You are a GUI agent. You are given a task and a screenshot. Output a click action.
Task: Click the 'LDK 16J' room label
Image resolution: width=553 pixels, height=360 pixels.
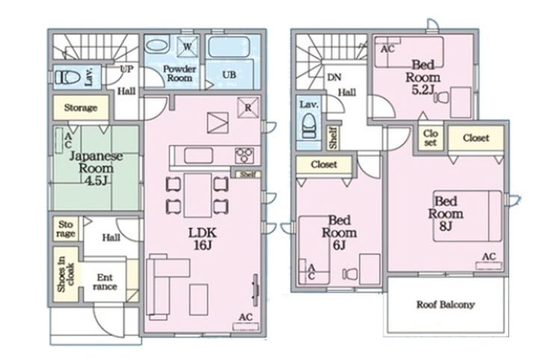[203, 239]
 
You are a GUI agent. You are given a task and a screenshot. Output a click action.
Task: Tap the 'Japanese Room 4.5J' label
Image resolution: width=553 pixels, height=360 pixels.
[96, 168]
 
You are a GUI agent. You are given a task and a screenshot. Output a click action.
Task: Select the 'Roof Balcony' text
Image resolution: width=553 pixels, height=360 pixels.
[445, 305]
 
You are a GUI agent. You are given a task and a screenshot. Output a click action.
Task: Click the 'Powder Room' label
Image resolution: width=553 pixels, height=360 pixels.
[179, 73]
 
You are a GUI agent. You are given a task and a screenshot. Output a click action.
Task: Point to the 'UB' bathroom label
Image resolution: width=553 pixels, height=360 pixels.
[229, 75]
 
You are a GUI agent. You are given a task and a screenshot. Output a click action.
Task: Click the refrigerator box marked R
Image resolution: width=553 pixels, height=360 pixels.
[248, 108]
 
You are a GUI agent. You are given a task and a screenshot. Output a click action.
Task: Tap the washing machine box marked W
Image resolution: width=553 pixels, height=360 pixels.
[188, 46]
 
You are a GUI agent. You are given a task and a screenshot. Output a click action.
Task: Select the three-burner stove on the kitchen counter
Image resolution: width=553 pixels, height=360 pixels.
[244, 155]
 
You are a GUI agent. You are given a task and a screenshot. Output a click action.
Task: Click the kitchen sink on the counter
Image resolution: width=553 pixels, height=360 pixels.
[199, 155]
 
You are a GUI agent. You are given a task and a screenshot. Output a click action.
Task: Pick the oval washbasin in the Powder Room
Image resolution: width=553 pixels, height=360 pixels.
[157, 46]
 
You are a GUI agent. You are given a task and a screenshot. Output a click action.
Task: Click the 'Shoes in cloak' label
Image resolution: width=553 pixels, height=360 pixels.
[66, 274]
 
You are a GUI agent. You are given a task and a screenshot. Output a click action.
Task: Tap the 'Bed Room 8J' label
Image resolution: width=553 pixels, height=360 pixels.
[446, 214]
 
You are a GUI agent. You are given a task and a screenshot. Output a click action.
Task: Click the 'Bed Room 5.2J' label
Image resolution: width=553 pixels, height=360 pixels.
[423, 77]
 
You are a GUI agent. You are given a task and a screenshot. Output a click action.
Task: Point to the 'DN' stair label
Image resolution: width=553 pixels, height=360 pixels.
[334, 77]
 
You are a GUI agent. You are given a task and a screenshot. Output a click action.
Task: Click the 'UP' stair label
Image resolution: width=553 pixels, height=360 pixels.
[126, 69]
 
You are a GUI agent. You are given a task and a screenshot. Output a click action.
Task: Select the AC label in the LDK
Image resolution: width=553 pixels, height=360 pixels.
[245, 317]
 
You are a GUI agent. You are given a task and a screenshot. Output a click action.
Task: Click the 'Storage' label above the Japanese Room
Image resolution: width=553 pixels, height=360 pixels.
[81, 108]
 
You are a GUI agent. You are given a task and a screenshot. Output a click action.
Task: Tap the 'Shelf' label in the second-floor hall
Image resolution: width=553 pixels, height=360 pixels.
[333, 138]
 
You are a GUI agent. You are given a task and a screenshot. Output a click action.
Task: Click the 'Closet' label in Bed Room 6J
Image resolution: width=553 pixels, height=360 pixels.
[324, 164]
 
